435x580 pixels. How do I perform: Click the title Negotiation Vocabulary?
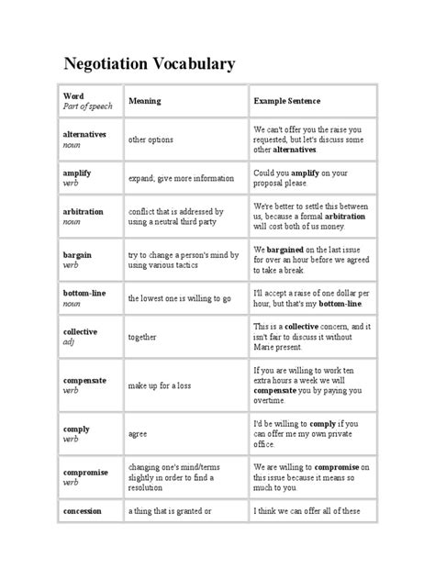point(150,63)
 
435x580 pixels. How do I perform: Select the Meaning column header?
point(145,100)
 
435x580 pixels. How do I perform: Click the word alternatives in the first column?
point(84,134)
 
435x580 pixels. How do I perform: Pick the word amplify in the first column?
point(78,173)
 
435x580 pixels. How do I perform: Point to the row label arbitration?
point(83,211)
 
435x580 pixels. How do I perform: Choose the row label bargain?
point(77,253)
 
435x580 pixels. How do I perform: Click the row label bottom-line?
point(84,291)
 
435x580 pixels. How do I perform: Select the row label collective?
point(81,330)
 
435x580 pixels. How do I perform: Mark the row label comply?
point(76,429)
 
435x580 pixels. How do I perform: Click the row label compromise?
point(85,472)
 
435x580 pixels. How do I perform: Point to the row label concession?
point(82,511)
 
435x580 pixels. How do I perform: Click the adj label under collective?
point(68,340)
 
